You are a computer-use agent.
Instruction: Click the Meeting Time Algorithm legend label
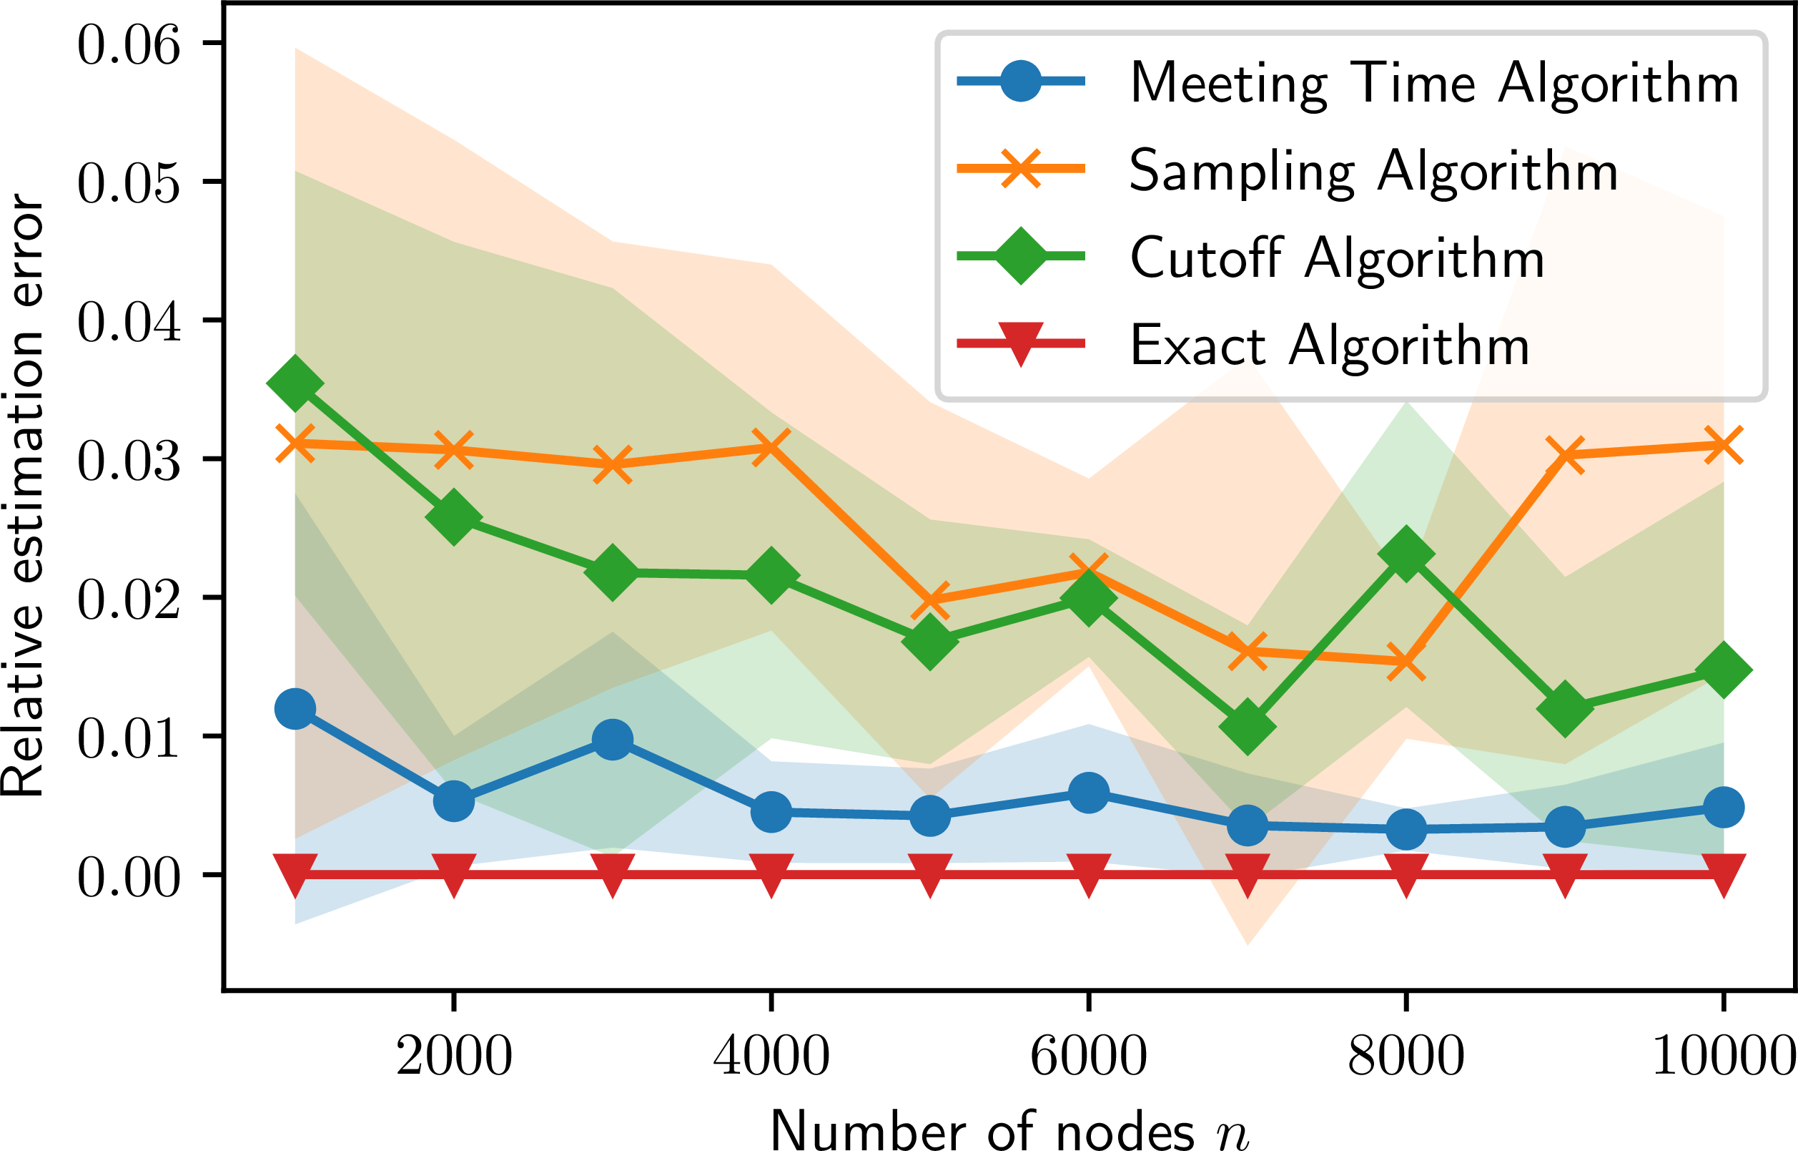[x=1434, y=84]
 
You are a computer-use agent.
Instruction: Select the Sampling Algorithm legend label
[x=1373, y=172]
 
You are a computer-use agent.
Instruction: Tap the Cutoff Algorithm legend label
[x=1337, y=259]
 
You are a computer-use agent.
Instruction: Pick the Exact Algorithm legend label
[x=1330, y=346]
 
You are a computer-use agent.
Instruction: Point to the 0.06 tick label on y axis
[x=129, y=45]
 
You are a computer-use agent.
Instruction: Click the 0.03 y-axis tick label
[x=129, y=461]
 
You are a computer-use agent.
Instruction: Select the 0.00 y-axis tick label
[x=129, y=877]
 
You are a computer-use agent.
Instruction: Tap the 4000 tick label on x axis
[x=771, y=1057]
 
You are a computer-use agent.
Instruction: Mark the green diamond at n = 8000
[x=1406, y=554]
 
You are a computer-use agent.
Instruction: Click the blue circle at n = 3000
[x=613, y=740]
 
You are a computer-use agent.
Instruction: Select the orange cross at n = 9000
[x=1565, y=454]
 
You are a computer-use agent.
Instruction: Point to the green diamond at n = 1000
[x=295, y=383]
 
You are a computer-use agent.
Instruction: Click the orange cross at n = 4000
[x=771, y=447]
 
